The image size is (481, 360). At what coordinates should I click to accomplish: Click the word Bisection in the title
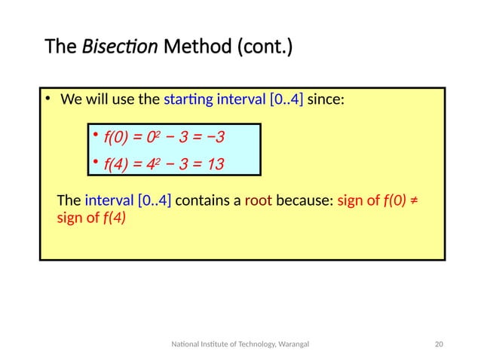pyautogui.click(x=119, y=49)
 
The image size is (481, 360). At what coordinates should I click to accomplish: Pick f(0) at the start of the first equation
pyautogui.click(x=117, y=137)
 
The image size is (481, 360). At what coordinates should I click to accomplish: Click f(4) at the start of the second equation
pyautogui.click(x=117, y=163)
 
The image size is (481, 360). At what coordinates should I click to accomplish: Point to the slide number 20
pyautogui.click(x=440, y=344)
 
